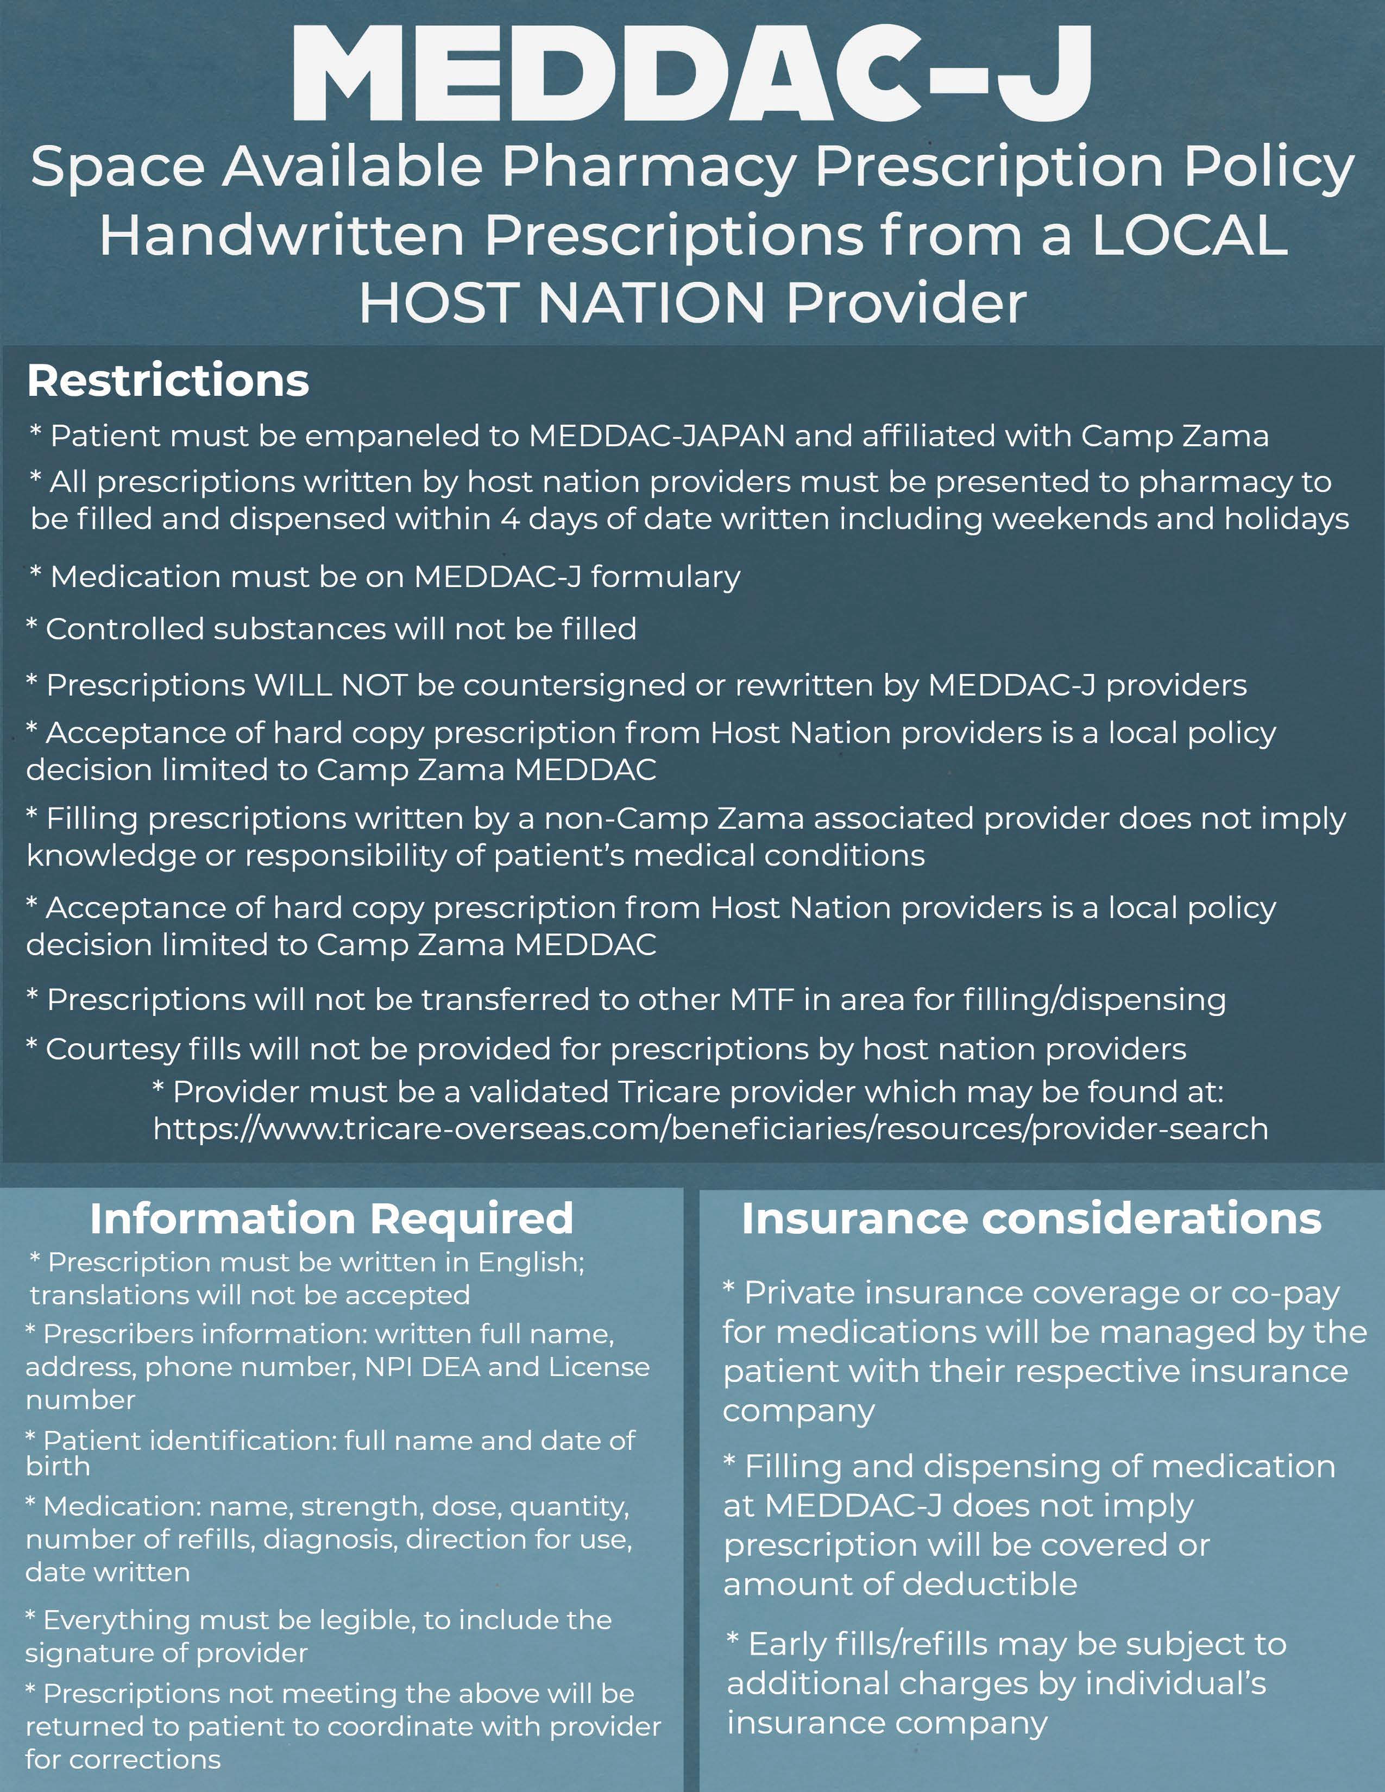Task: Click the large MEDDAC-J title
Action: (x=691, y=74)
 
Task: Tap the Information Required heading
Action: (x=331, y=1219)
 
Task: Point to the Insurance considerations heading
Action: (x=1031, y=1219)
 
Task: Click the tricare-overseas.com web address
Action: (x=710, y=1129)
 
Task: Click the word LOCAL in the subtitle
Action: (x=1189, y=236)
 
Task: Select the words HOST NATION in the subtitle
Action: (x=562, y=303)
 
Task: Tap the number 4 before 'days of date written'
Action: (x=509, y=519)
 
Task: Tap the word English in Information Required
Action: (x=531, y=1262)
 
